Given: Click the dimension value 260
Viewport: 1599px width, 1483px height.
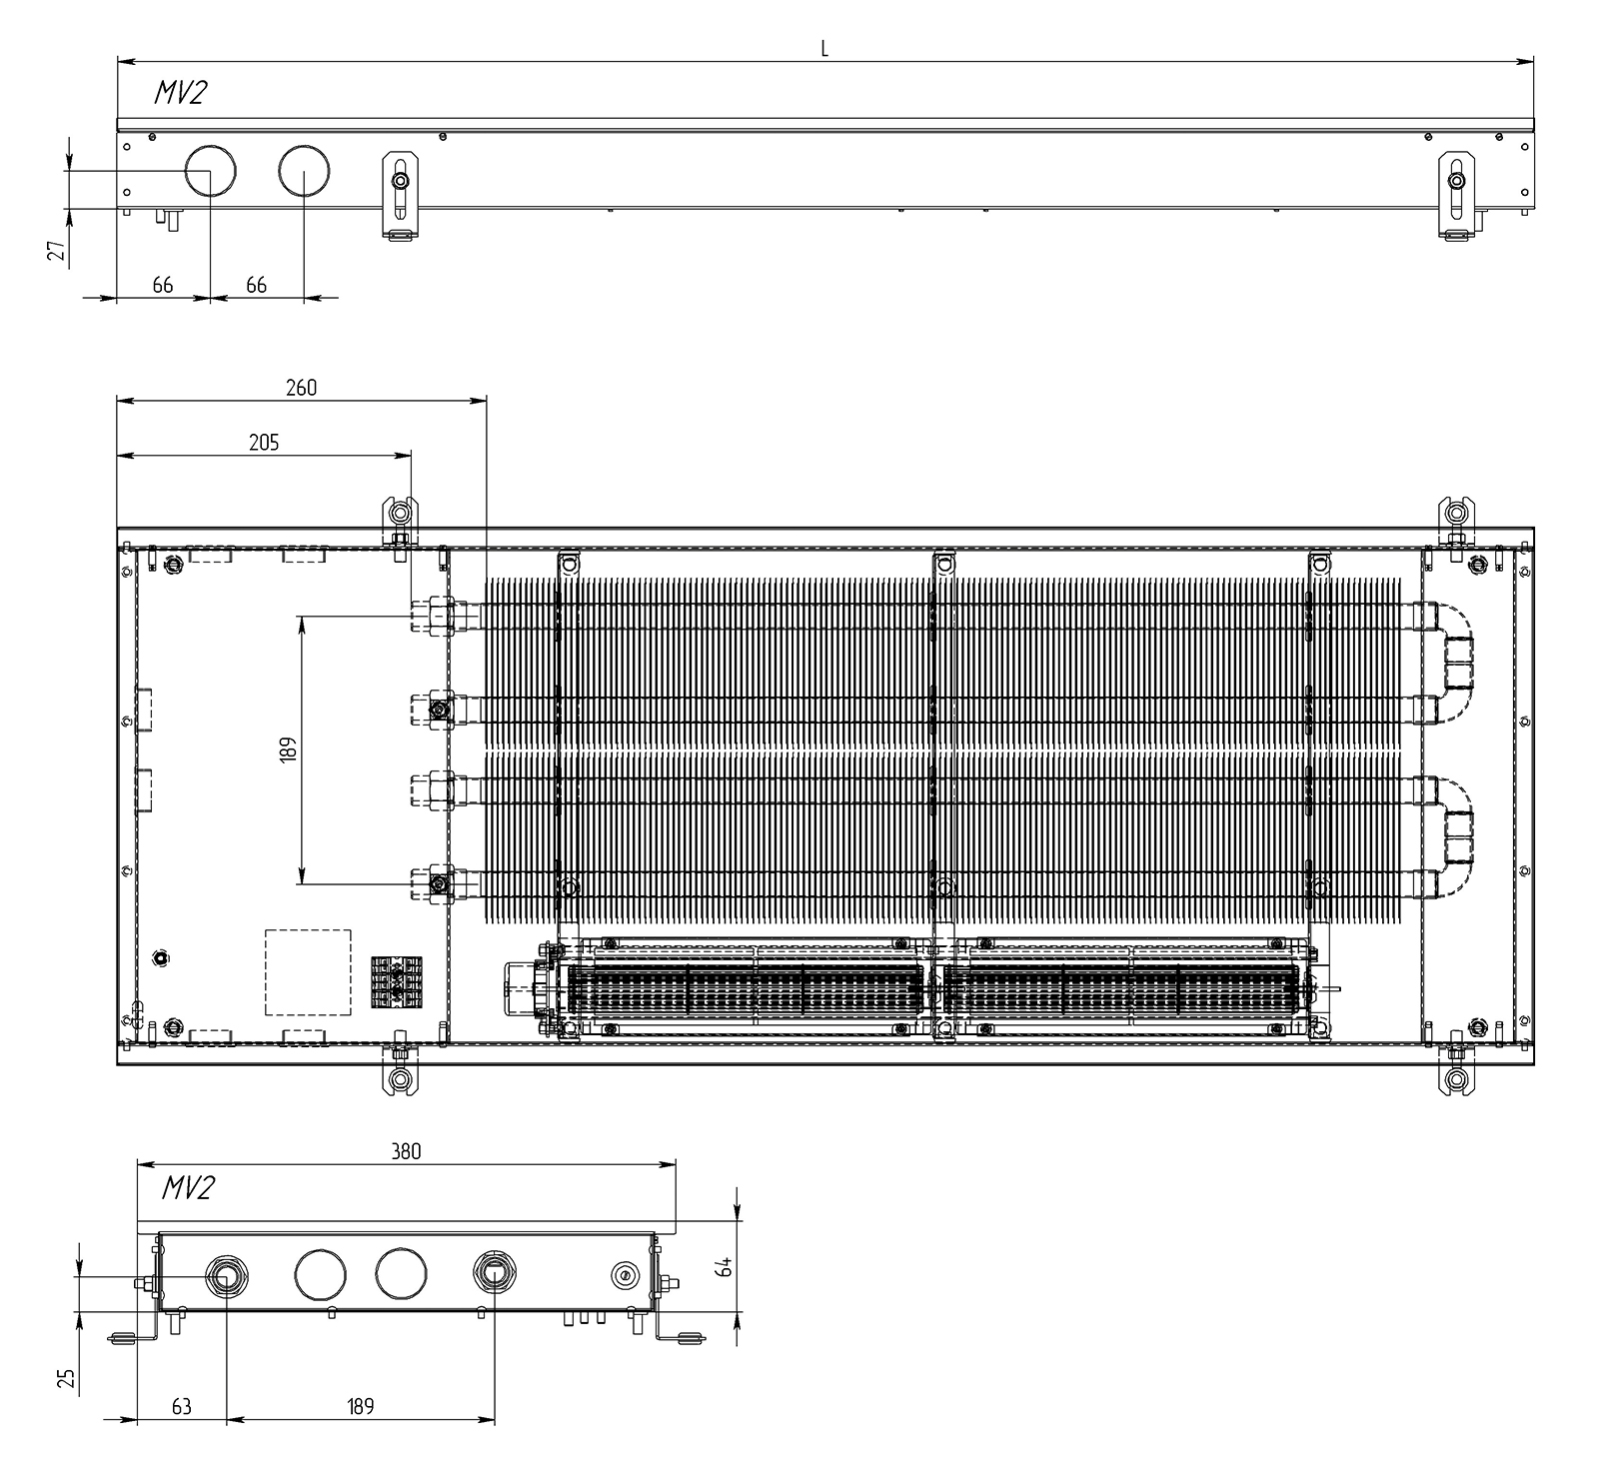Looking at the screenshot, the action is [x=301, y=388].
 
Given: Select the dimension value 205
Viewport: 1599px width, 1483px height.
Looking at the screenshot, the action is [x=264, y=443].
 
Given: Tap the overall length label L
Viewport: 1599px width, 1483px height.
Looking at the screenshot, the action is [x=824, y=49].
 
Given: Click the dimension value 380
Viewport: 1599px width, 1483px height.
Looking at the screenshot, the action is [x=406, y=1151].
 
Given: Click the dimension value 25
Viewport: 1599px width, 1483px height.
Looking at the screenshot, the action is [x=67, y=1379].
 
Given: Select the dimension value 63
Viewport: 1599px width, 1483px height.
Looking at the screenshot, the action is [x=181, y=1407].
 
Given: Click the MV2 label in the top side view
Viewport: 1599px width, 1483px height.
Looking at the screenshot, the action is [x=181, y=93].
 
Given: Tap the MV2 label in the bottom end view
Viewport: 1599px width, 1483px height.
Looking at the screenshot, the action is [x=188, y=1188].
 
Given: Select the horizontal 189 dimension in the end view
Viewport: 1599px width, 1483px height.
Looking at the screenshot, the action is [x=361, y=1407].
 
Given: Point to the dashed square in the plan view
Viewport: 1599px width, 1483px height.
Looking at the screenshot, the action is [x=308, y=972].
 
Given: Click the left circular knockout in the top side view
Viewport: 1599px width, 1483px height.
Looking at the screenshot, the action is [x=211, y=171].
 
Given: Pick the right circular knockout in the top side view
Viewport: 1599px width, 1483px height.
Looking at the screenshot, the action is [x=304, y=171].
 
